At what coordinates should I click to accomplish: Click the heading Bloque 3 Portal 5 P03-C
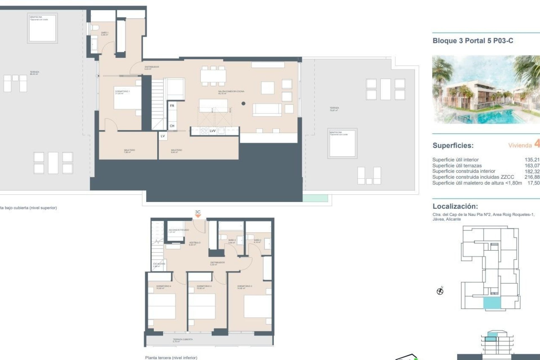point(473,41)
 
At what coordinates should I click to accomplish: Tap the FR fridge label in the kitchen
point(172,106)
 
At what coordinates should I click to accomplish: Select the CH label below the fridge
point(172,126)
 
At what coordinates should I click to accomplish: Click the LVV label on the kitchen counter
point(213,131)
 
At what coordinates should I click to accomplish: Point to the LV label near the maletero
point(163,136)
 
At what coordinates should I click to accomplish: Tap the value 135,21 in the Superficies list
point(532,160)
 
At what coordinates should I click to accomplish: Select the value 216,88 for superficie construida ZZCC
point(532,177)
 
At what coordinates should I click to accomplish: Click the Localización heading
point(455,206)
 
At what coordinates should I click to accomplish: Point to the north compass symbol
point(440,291)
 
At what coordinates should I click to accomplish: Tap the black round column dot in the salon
point(243,103)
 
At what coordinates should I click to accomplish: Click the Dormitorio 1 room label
point(122,92)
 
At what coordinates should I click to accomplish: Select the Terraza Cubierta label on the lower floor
point(183,340)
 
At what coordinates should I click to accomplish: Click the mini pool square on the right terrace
point(342,143)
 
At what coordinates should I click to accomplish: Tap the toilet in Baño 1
point(94,28)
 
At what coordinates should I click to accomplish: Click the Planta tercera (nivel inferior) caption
point(171,358)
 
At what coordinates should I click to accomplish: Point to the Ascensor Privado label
point(178,231)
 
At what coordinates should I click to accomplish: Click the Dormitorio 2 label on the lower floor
point(244,287)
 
